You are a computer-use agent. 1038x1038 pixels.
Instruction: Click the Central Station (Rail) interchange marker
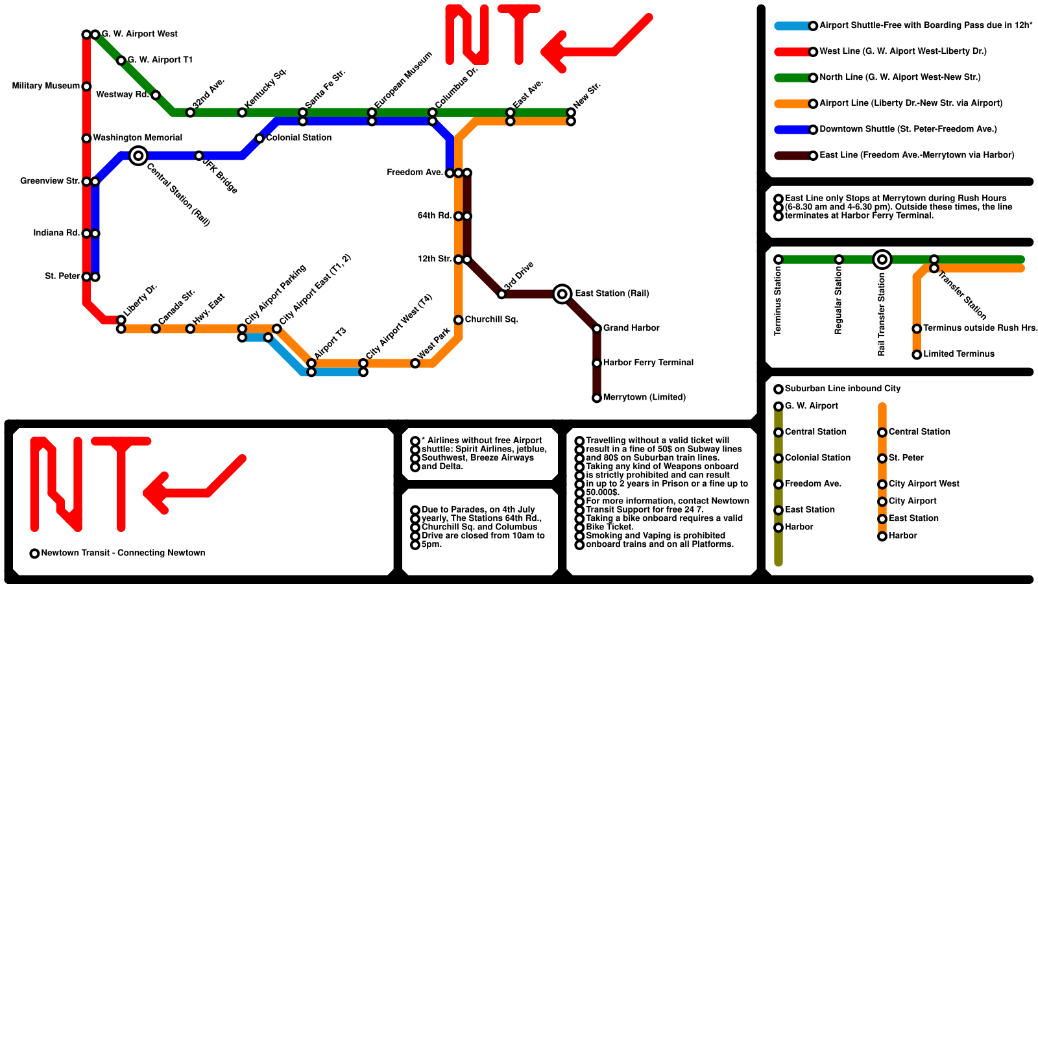(138, 156)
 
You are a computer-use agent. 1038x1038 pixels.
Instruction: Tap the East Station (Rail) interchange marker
(562, 294)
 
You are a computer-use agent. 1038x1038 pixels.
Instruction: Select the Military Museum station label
(45, 86)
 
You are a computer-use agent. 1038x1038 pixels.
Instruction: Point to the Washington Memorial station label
(138, 138)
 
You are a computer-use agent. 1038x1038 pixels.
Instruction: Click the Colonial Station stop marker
(259, 138)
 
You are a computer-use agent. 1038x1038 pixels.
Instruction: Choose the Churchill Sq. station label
(491, 320)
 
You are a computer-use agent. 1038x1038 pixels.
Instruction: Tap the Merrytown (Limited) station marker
(597, 398)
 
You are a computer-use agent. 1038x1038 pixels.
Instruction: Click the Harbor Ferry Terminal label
(648, 363)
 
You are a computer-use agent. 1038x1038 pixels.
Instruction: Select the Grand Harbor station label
(631, 328)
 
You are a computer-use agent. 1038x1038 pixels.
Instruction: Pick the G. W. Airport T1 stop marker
(121, 60)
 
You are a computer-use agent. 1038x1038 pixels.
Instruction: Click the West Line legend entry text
(902, 51)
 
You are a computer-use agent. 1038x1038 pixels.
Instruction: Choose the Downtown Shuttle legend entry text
(908, 129)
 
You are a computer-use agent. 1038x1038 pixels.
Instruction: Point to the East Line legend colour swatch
(793, 156)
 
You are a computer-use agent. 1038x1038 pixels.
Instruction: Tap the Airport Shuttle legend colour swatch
(793, 26)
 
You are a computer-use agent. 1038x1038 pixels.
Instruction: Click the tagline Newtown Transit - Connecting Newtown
(123, 553)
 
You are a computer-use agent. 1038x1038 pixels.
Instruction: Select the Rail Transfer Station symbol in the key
(882, 259)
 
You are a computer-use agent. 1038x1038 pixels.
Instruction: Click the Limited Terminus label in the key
(958, 354)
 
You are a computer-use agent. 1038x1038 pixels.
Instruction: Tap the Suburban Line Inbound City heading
(843, 389)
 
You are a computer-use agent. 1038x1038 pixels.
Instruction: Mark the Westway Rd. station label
(123, 95)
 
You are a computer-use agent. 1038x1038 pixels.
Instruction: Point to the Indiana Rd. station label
(56, 233)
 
